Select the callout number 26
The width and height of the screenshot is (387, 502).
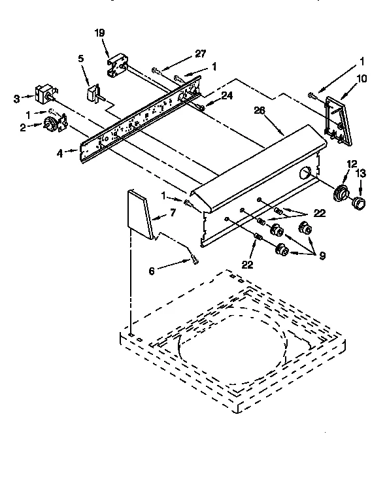[x=259, y=110]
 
